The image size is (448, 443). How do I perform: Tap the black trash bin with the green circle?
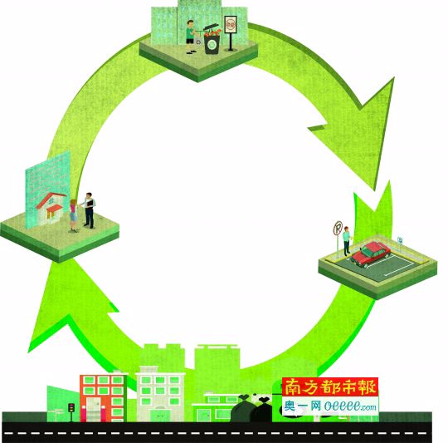(x=212, y=43)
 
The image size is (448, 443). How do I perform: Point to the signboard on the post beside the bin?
(x=231, y=25)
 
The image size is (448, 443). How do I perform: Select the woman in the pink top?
(x=74, y=215)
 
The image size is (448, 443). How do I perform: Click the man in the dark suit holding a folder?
(x=89, y=210)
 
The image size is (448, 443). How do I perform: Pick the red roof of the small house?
(x=51, y=199)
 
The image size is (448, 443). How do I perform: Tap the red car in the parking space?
(x=371, y=253)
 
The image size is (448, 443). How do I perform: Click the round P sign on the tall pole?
(x=338, y=228)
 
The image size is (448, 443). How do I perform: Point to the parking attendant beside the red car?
(x=347, y=241)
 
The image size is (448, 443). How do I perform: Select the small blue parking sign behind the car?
(x=400, y=240)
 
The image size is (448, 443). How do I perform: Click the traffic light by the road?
(x=71, y=408)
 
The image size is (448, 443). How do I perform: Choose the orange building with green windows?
(x=103, y=398)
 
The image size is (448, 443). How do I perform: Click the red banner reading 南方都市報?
(x=330, y=386)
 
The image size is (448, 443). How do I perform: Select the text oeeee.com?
(x=351, y=406)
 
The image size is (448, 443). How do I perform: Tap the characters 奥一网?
(x=303, y=406)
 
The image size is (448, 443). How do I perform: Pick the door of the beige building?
(x=160, y=416)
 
